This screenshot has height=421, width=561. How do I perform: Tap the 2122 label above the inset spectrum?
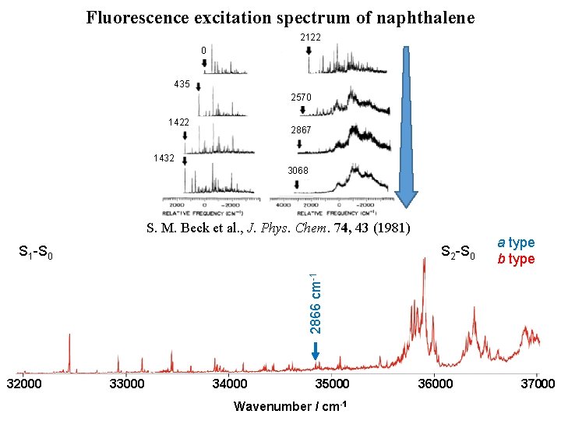click(x=310, y=37)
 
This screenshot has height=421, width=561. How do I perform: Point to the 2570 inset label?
click(x=301, y=97)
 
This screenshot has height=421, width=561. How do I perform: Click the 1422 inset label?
click(x=179, y=122)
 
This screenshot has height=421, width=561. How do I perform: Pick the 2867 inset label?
click(x=301, y=130)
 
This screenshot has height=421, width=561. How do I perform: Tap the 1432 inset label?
click(x=164, y=157)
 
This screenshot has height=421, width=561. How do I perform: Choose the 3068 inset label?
click(x=298, y=171)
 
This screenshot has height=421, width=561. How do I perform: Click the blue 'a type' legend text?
click(x=517, y=243)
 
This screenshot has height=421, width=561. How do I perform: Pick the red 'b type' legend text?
click(x=517, y=260)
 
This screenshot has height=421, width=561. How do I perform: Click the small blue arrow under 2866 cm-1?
click(x=316, y=355)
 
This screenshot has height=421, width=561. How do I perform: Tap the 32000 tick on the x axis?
click(x=25, y=384)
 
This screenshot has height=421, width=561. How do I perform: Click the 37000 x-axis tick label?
click(x=537, y=384)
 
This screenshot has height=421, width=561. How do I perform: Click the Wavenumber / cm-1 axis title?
click(x=290, y=406)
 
